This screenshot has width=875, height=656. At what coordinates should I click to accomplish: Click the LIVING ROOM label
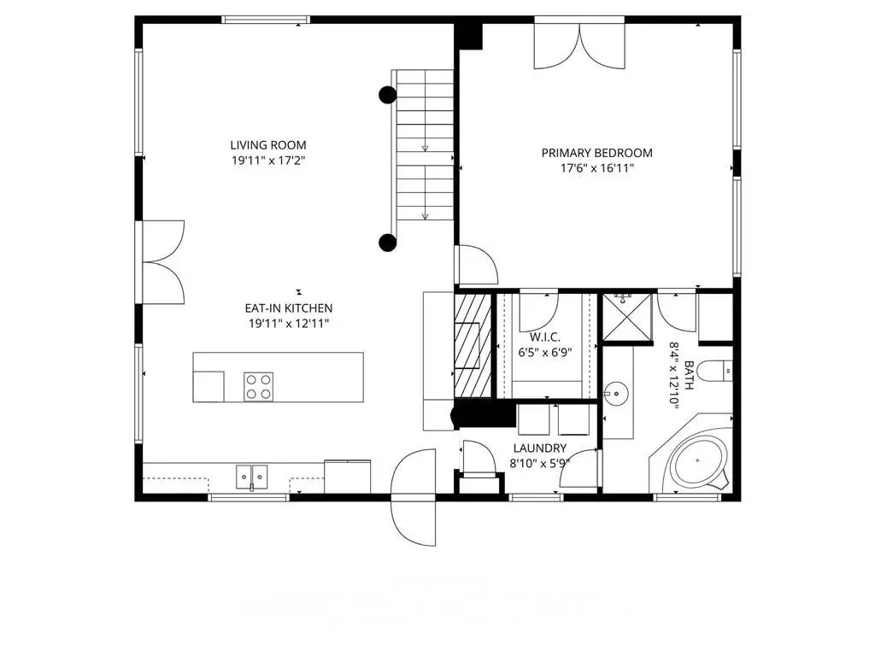268,145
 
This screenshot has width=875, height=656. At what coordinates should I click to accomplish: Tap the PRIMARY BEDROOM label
596,153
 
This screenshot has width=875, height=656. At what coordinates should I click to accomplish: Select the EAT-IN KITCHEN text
289,307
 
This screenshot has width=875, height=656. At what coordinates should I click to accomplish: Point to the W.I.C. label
544,337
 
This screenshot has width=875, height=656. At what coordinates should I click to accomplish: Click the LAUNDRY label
540,448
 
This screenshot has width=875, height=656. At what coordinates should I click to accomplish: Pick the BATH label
690,376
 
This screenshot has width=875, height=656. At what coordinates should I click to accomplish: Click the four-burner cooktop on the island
258,387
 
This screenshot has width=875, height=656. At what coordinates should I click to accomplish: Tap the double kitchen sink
252,477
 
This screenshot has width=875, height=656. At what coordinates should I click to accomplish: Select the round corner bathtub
699,462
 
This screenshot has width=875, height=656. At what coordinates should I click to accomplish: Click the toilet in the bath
715,371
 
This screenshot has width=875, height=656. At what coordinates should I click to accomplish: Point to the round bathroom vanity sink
617,394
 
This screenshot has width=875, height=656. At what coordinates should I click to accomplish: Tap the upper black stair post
388,95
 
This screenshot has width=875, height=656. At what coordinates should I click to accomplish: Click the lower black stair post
388,242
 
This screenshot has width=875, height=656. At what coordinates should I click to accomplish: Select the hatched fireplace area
473,345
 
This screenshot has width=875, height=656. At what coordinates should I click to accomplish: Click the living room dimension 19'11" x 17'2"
268,161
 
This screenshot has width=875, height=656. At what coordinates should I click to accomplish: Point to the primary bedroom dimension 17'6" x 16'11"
597,168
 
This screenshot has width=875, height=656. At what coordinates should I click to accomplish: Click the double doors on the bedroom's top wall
579,44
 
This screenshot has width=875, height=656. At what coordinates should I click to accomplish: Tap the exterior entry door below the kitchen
414,498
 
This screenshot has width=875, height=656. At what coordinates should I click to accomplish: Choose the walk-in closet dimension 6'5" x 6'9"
544,353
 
